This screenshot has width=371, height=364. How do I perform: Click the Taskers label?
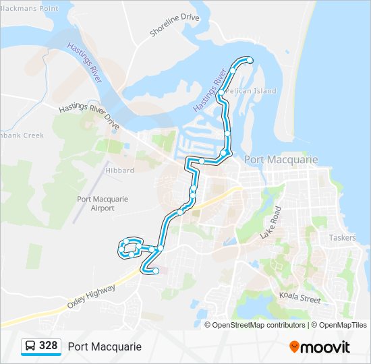342,238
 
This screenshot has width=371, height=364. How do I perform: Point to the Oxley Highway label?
92,296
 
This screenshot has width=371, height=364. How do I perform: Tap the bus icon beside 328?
30,346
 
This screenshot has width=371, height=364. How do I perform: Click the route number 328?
49,346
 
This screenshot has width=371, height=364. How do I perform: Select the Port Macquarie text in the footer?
105,346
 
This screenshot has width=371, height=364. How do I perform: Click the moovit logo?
320,347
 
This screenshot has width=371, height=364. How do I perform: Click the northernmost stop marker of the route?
250,61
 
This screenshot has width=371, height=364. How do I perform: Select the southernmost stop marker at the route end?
156,271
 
